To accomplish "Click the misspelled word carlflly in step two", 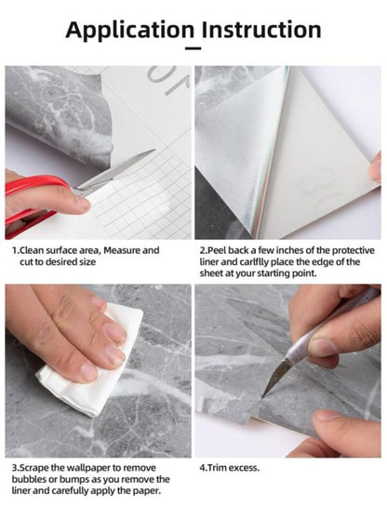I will pos(247,262).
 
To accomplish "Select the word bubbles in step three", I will pos(30,478).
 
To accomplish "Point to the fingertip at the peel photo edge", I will pos(375,167).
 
